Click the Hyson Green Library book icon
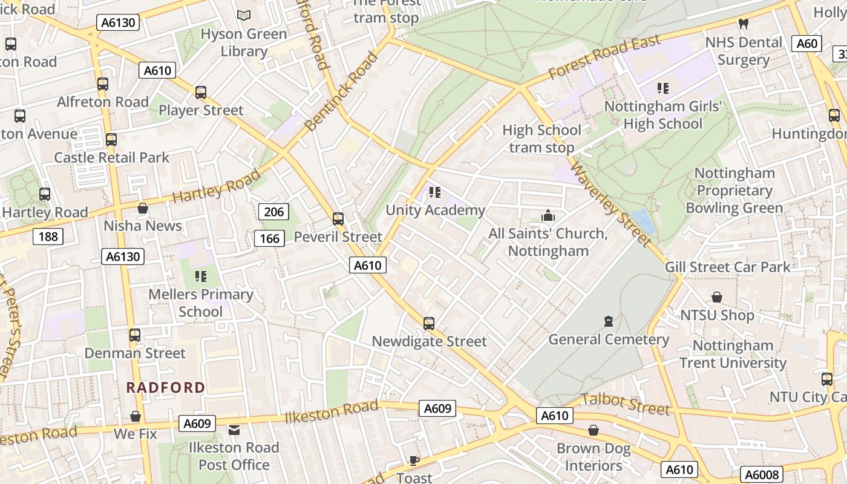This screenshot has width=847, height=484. point(244,16)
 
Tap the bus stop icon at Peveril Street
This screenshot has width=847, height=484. point(338,219)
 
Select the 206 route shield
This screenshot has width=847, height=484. point(273,212)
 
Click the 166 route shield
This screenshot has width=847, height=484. point(269,238)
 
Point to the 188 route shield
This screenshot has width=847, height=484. point(48,236)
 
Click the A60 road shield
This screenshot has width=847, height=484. point(807,44)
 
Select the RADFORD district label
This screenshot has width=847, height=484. point(166,387)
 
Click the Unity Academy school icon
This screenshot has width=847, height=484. point(434,192)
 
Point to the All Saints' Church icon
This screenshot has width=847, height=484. point(548,215)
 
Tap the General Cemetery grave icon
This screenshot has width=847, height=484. point(609,321)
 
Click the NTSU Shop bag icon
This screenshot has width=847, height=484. point(717,297)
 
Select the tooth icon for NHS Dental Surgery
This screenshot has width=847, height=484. point(744,24)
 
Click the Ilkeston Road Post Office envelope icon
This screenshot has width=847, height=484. point(234,430)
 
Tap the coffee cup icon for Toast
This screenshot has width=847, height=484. point(414,460)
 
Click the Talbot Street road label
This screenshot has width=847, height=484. point(626,404)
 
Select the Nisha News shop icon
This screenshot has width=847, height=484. point(143,208)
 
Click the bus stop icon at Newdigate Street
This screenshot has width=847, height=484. point(429,324)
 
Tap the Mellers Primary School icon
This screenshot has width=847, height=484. point(201,276)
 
